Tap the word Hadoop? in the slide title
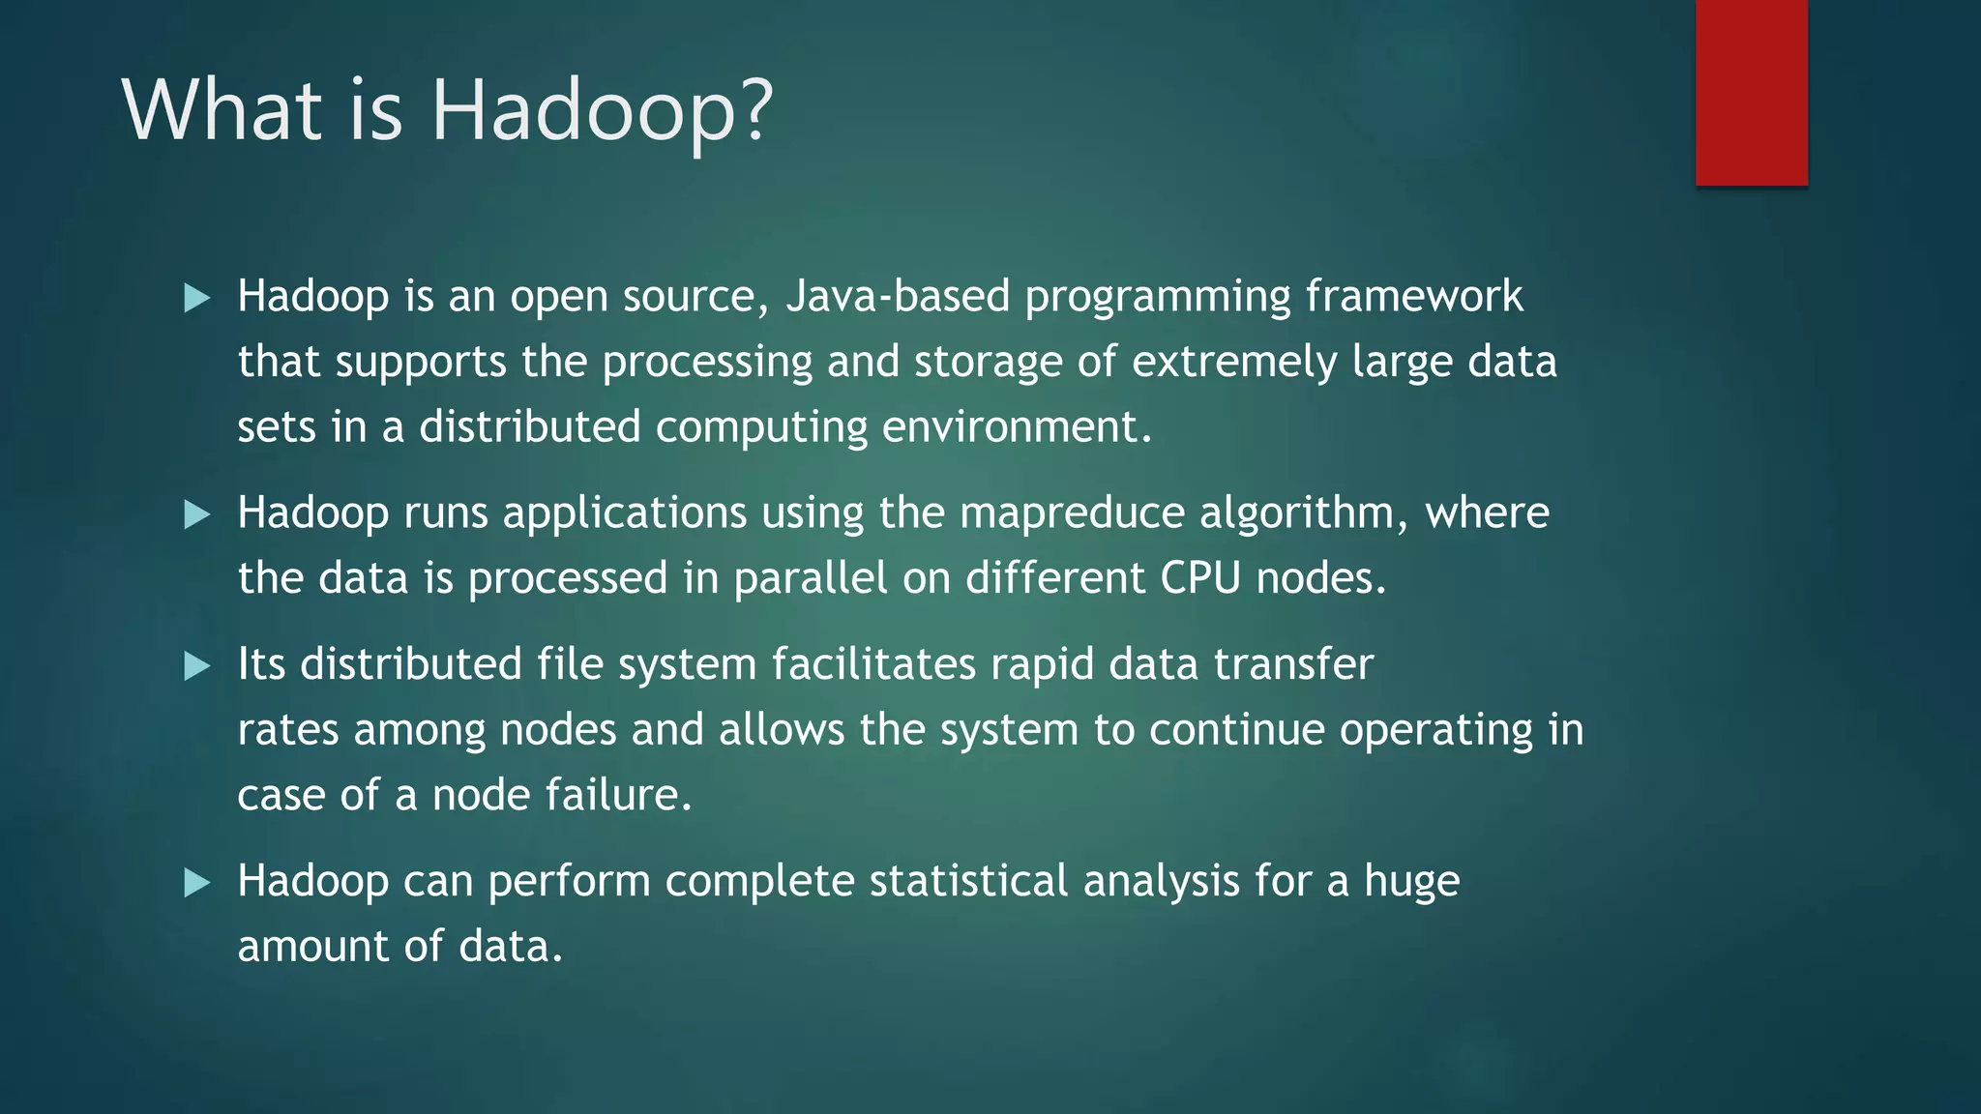click(x=602, y=111)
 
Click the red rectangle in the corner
click(x=1751, y=92)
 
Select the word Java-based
click(x=898, y=296)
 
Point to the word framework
click(x=1414, y=296)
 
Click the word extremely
click(x=1234, y=362)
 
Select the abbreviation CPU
click(x=1200, y=578)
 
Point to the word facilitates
click(x=873, y=664)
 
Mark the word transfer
click(x=1293, y=664)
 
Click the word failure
click(x=618, y=795)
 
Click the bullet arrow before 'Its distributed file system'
click(x=197, y=665)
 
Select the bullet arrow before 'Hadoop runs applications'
click(x=197, y=513)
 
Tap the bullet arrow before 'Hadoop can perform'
click(x=197, y=882)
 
